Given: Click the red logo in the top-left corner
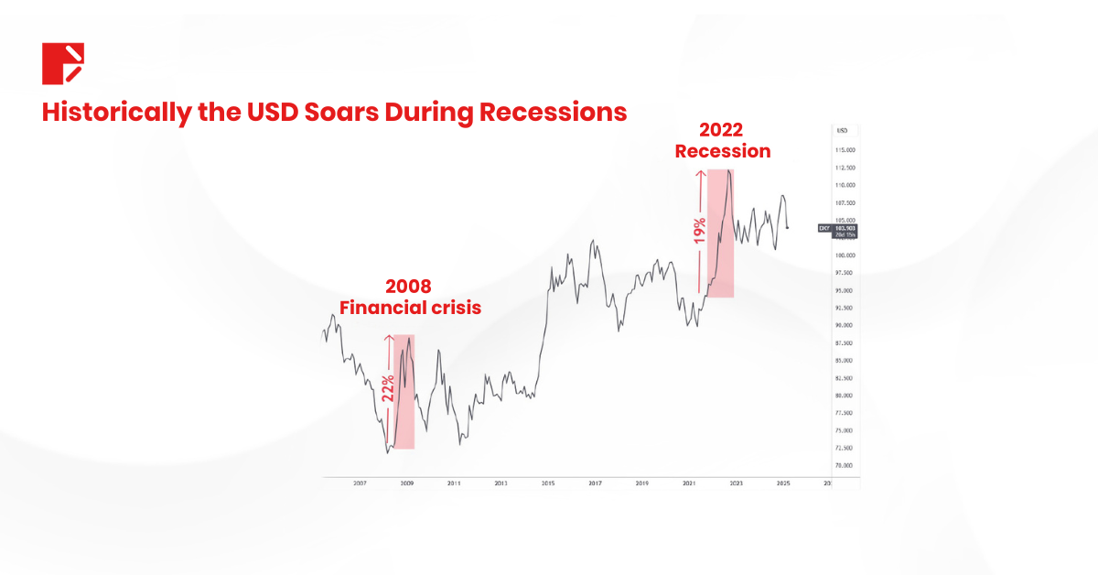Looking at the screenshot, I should coord(63,63).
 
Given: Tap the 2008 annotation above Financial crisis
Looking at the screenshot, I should coord(408,286).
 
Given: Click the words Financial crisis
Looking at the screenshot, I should coord(410,308).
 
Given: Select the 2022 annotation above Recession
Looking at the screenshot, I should coord(723,129).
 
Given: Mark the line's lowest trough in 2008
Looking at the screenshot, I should coord(388,451).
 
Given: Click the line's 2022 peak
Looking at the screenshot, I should coord(727,170).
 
